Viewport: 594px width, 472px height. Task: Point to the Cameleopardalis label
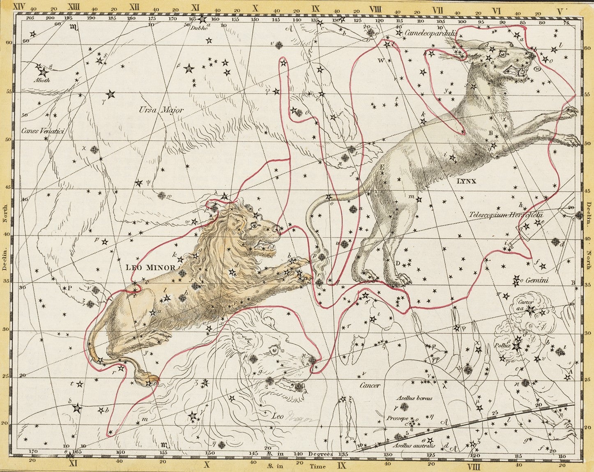point(431,33)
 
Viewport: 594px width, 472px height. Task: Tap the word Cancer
point(370,385)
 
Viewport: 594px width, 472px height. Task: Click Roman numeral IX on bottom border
point(341,466)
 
